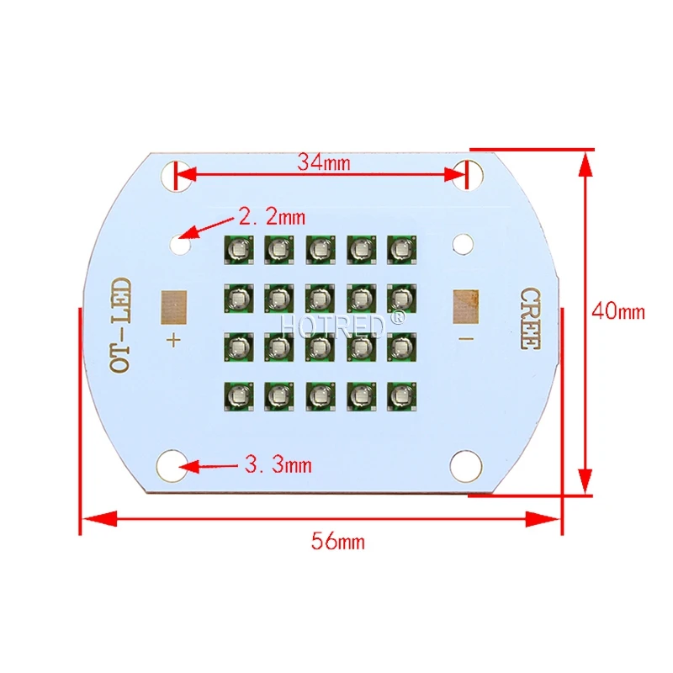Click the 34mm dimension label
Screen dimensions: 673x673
click(x=324, y=162)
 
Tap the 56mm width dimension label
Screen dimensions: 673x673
click(x=338, y=542)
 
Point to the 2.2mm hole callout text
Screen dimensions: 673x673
click(x=272, y=217)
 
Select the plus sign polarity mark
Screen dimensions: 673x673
click(x=174, y=340)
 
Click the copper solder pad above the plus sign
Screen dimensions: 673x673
click(x=174, y=307)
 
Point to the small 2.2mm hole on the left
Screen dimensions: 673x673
click(x=182, y=245)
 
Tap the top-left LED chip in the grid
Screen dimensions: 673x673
click(x=237, y=248)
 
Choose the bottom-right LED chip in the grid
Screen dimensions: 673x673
click(x=400, y=394)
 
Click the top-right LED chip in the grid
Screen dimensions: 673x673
click(x=400, y=248)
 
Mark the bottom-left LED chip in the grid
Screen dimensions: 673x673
click(x=237, y=394)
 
